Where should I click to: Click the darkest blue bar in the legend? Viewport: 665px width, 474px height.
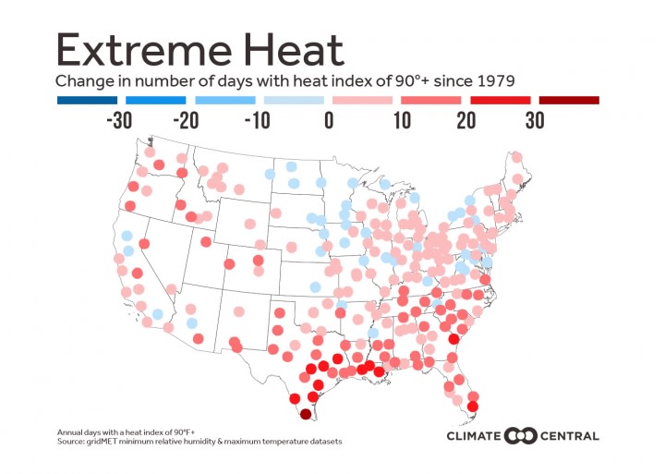[86, 100]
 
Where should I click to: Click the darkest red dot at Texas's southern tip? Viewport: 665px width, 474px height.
[306, 415]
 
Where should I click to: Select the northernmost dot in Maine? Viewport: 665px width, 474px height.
[516, 157]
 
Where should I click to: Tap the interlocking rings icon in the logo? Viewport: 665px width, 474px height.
[524, 435]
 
